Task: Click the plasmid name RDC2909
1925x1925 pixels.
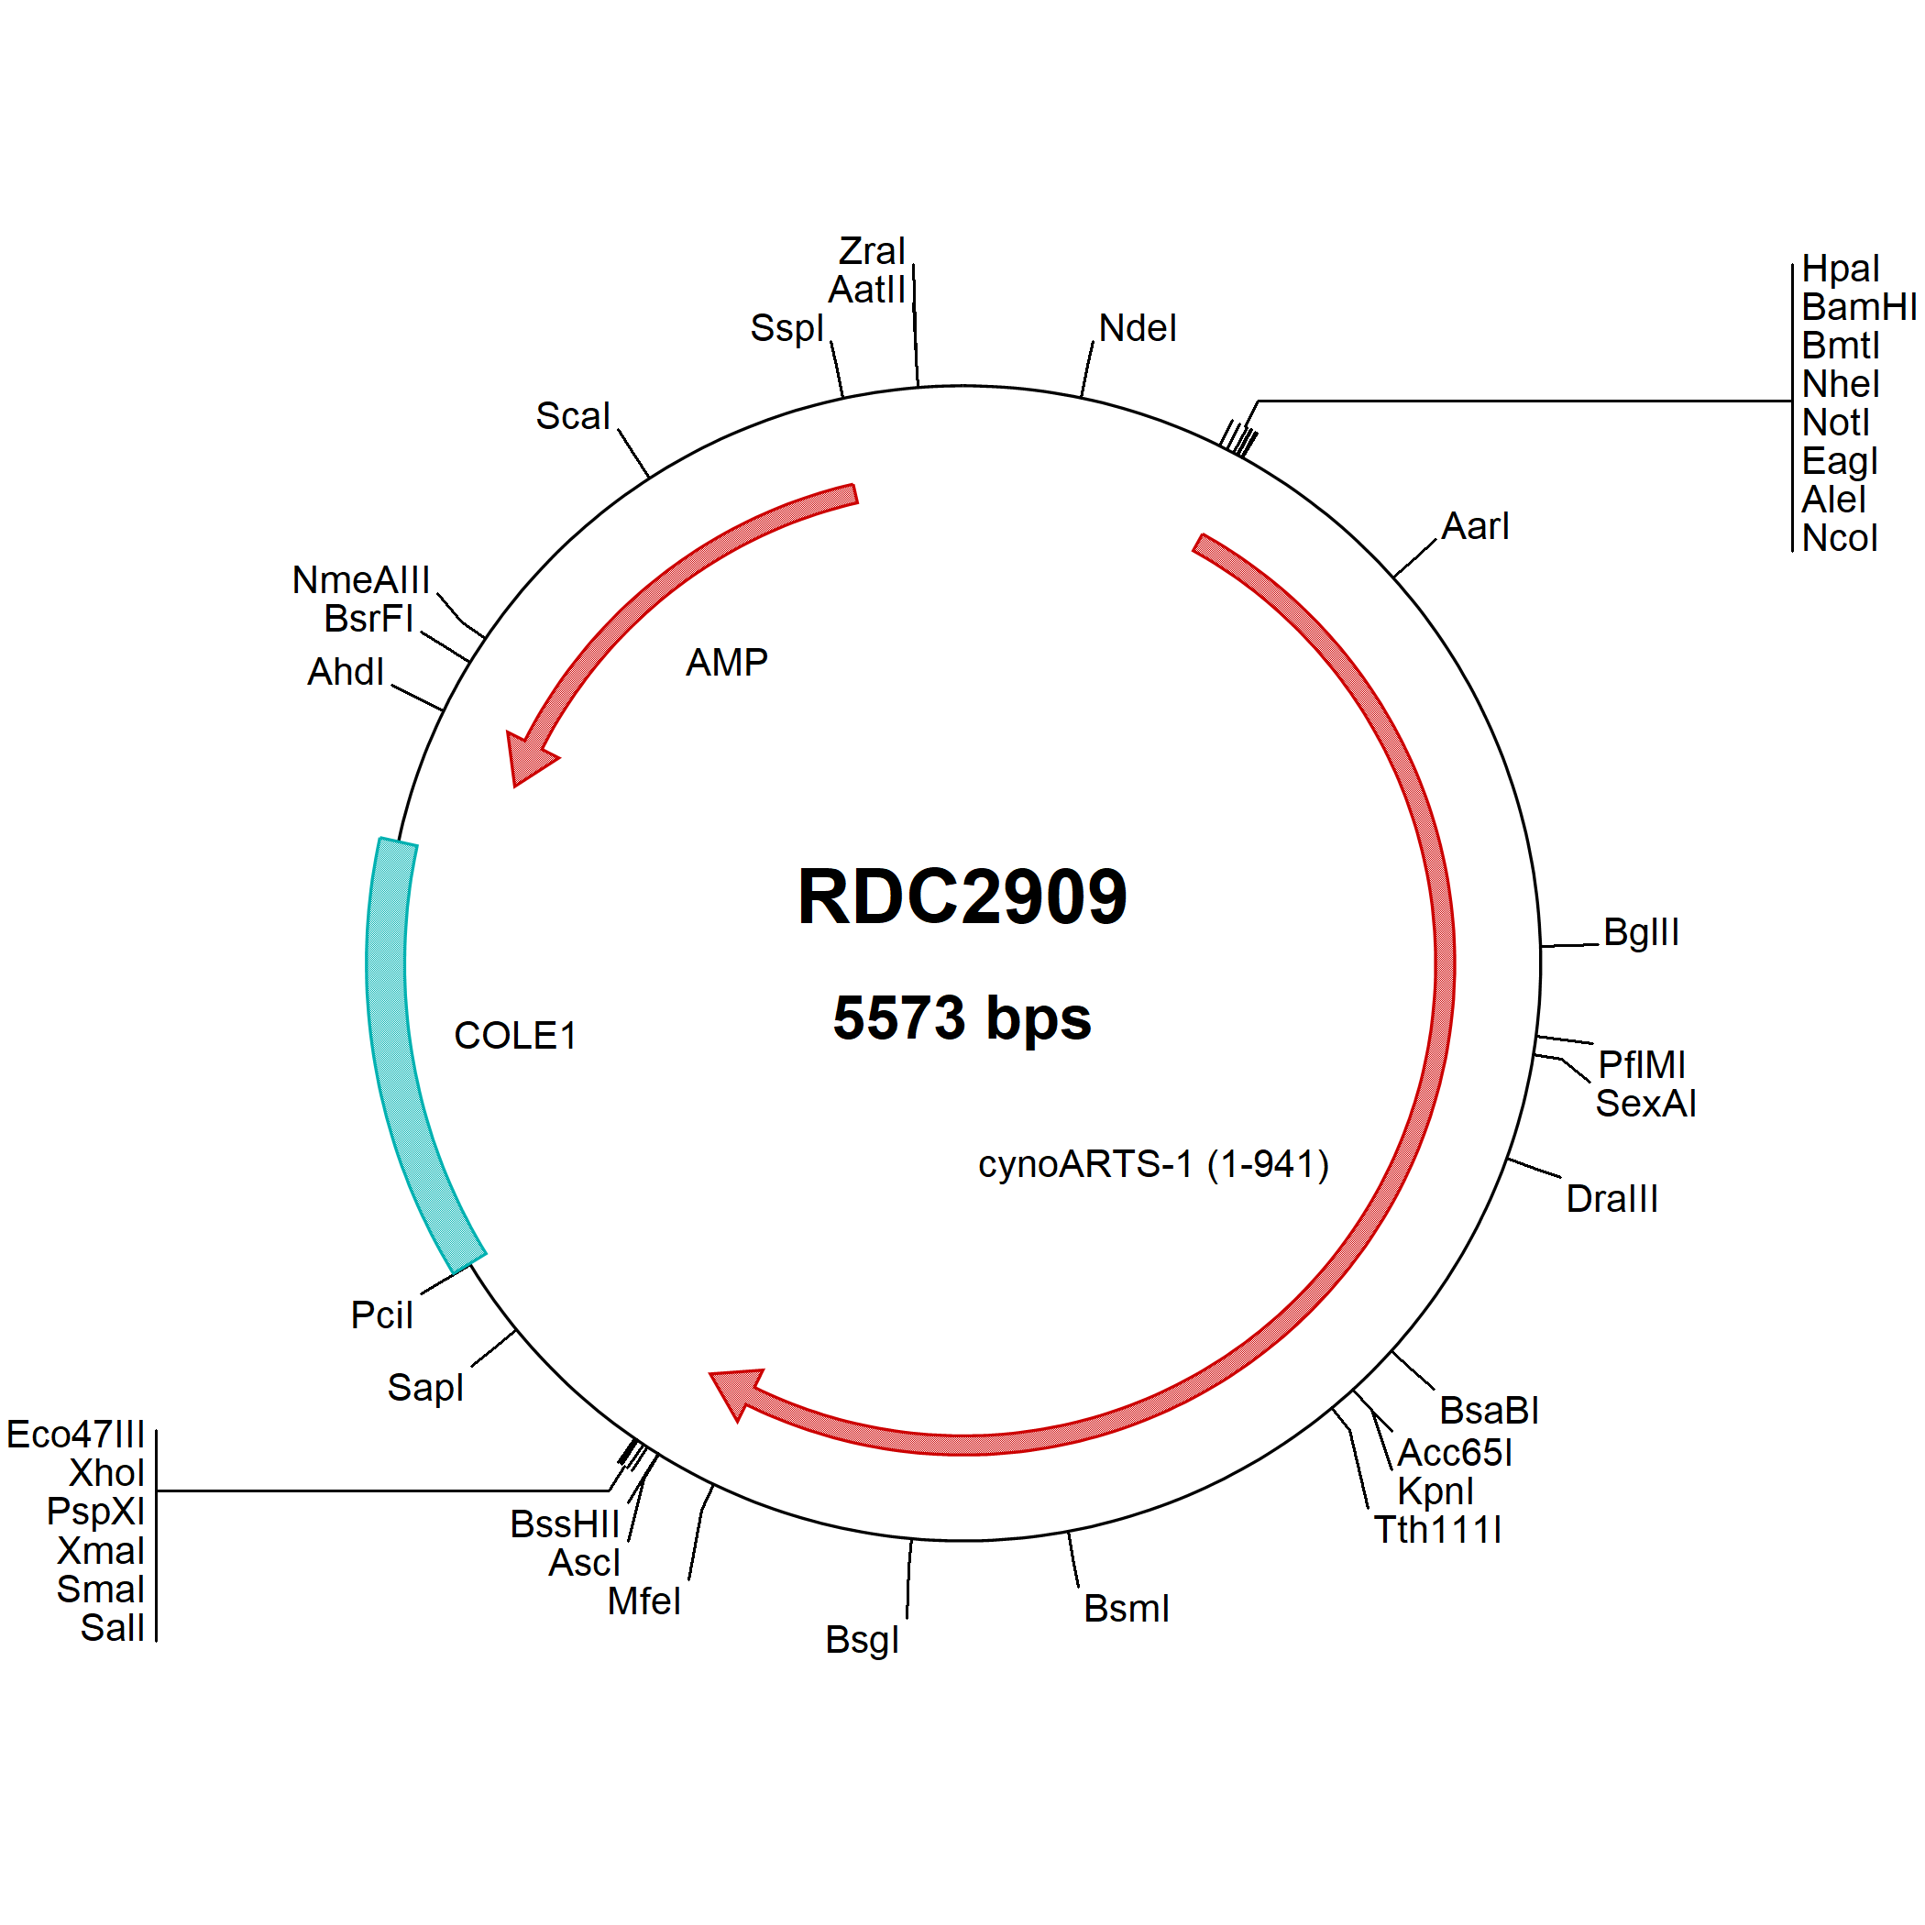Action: coord(962,896)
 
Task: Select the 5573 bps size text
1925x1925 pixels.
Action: coord(962,1017)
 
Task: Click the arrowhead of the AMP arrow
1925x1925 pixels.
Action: coord(529,758)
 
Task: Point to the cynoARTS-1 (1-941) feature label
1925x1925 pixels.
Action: coord(1154,1164)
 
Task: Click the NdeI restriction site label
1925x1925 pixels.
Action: coord(1138,328)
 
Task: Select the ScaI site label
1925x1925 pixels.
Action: coord(573,415)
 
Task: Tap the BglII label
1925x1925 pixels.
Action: coord(1641,931)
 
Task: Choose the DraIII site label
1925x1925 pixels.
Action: coord(1612,1199)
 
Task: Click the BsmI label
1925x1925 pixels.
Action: coord(1126,1608)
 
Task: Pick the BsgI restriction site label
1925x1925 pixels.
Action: coord(862,1640)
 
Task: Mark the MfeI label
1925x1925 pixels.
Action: coord(643,1601)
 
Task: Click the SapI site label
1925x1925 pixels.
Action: coord(425,1387)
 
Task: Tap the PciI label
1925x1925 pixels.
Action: coord(381,1315)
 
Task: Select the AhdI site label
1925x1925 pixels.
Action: coord(346,672)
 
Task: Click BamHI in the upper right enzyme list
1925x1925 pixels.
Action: coord(1858,307)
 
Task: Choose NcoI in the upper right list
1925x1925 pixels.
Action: coord(1840,538)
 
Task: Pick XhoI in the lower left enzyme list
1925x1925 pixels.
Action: coord(106,1473)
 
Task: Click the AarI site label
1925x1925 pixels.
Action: coord(1476,526)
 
